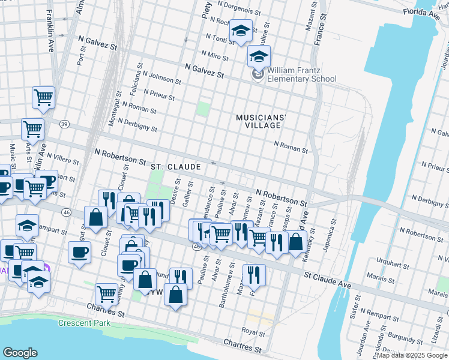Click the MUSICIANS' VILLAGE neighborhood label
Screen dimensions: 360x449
click(x=258, y=121)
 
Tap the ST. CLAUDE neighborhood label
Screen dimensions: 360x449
click(x=175, y=166)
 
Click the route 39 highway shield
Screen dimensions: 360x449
click(x=64, y=124)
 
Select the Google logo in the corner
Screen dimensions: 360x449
click(x=20, y=353)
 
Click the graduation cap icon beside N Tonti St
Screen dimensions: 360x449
click(x=241, y=32)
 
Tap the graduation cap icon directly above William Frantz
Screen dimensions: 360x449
click(x=259, y=56)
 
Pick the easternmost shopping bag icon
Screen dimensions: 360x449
click(x=296, y=242)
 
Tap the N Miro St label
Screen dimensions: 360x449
click(x=217, y=56)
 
